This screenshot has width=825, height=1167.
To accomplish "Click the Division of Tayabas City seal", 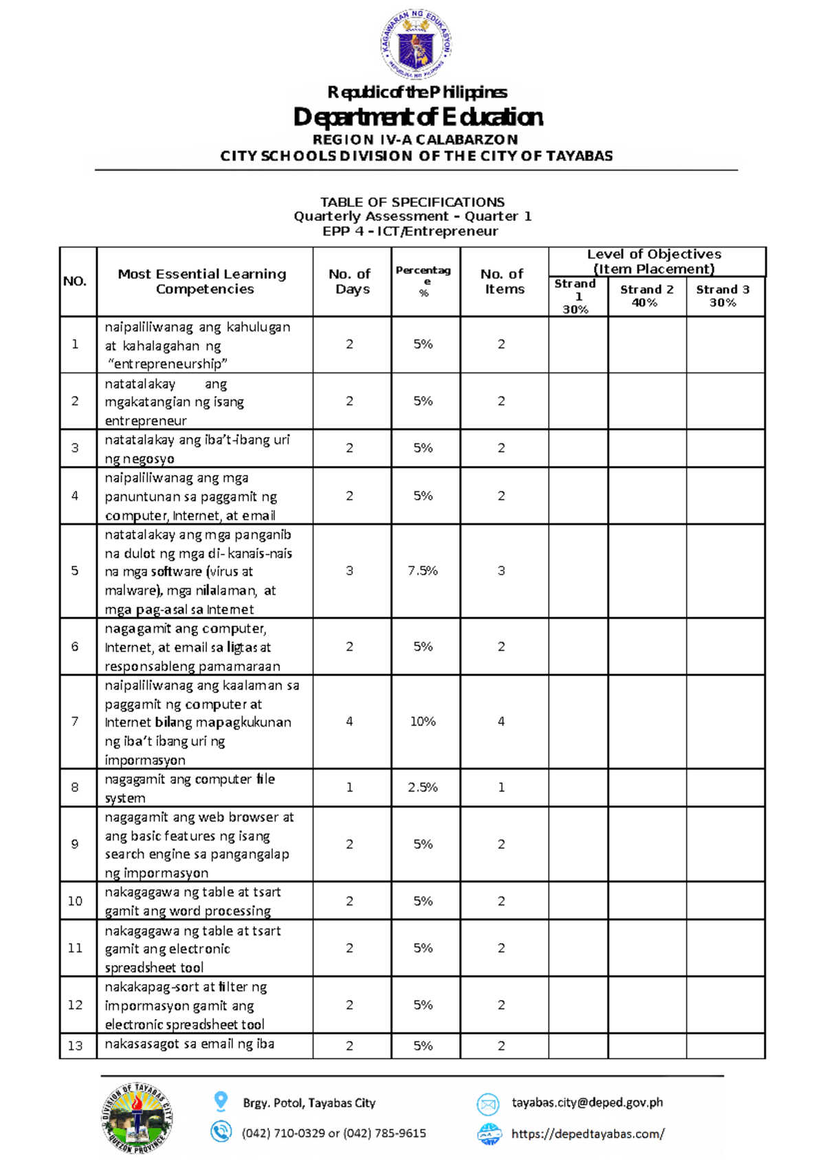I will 137,1118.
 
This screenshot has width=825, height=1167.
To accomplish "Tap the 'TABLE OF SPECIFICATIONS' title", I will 412,202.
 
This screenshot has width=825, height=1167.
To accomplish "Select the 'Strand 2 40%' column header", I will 646,296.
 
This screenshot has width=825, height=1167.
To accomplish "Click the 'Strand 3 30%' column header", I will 723,296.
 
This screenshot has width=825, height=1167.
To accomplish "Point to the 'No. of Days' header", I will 352,282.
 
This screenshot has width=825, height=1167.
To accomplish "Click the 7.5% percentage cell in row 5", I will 423,570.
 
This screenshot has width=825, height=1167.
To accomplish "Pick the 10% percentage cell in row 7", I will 423,721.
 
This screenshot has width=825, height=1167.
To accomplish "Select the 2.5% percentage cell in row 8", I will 423,787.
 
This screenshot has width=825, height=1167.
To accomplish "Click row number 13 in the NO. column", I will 75,1045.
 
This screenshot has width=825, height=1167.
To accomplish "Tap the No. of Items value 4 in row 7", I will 501,721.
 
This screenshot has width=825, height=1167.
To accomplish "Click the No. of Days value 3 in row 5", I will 349,570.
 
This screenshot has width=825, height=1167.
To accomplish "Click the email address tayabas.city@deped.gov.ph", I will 587,1102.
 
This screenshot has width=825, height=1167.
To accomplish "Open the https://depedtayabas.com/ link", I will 588,1134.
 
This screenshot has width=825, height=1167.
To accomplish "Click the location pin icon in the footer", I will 221,1101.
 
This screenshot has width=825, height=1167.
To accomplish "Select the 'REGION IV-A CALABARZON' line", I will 415,140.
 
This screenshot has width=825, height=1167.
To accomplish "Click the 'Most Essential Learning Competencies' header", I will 202,281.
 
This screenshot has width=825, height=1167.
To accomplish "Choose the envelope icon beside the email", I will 487,1104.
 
